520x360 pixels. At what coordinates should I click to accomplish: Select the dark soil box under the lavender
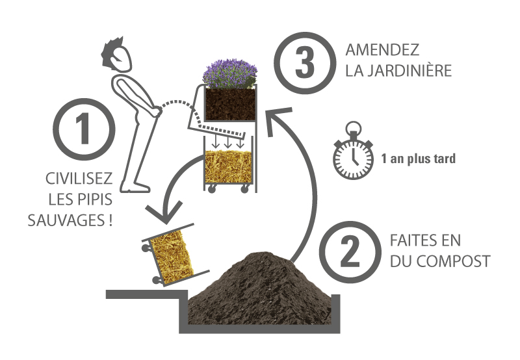(x=227, y=104)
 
